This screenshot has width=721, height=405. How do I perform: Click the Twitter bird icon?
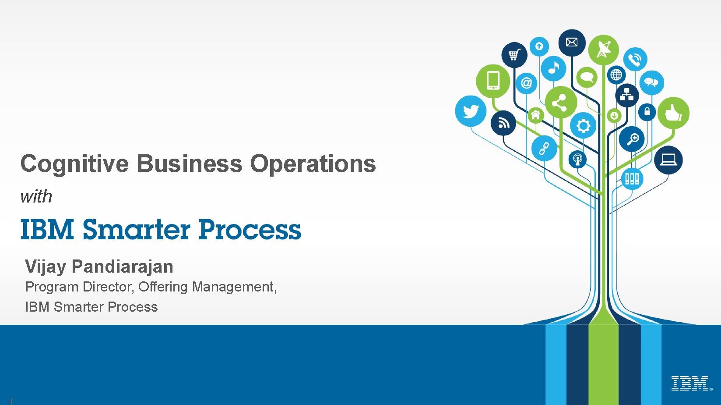[471, 111]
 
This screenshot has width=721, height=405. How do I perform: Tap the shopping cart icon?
[514, 55]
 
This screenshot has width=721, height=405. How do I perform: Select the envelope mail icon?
[572, 42]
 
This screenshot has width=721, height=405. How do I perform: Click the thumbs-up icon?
[673, 113]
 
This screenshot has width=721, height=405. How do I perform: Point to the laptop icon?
[668, 160]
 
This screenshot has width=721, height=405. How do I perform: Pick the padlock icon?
[647, 112]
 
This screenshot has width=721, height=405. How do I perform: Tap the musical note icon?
[553, 68]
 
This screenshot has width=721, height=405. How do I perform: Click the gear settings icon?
[583, 125]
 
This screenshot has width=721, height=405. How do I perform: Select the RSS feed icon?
[503, 123]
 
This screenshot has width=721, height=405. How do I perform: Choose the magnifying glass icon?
[632, 139]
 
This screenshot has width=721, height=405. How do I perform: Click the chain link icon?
[544, 148]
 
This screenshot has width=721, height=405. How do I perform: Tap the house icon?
[535, 115]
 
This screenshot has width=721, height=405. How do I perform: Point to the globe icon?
[616, 75]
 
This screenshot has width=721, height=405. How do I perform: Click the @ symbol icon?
[526, 83]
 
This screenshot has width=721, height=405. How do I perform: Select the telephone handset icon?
[635, 59]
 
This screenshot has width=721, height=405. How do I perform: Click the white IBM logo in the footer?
[690, 383]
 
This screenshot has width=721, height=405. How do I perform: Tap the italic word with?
[36, 196]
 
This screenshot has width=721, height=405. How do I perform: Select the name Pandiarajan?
[122, 267]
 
